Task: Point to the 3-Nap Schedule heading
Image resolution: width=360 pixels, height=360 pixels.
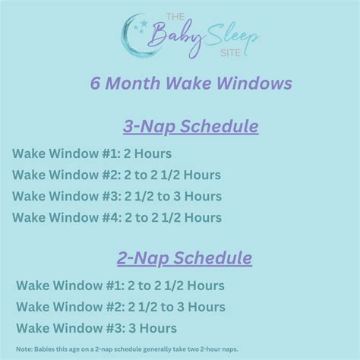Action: (180, 125)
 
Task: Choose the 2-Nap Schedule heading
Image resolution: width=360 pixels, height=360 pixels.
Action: (185, 258)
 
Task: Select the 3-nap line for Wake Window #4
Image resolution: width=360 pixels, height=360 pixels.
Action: (116, 218)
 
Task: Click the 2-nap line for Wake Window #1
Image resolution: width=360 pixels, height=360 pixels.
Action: (120, 286)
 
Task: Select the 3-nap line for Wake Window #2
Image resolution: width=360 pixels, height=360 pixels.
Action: (116, 175)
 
